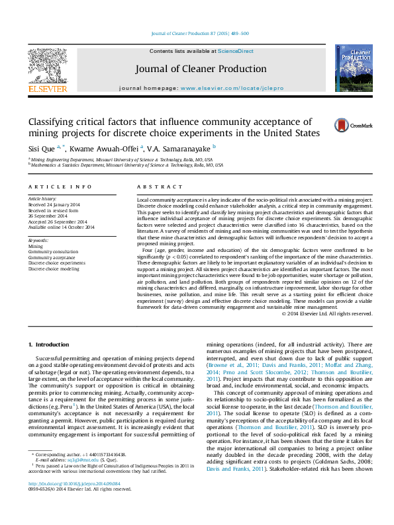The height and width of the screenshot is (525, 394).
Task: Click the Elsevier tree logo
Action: click(x=47, y=64)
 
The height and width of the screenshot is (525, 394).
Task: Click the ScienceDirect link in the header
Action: click(x=236, y=51)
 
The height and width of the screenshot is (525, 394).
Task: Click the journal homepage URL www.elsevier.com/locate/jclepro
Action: click(x=228, y=88)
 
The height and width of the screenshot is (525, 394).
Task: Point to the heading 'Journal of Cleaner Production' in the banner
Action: click(x=201, y=69)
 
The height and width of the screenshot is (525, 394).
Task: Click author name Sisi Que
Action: click(x=42, y=147)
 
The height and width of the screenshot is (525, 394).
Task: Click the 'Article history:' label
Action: click(x=42, y=199)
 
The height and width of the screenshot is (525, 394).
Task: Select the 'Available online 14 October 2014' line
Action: click(x=61, y=227)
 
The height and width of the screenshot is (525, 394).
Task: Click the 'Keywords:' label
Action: click(x=38, y=241)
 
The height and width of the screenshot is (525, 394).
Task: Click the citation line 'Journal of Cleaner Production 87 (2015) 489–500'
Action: click(x=200, y=33)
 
